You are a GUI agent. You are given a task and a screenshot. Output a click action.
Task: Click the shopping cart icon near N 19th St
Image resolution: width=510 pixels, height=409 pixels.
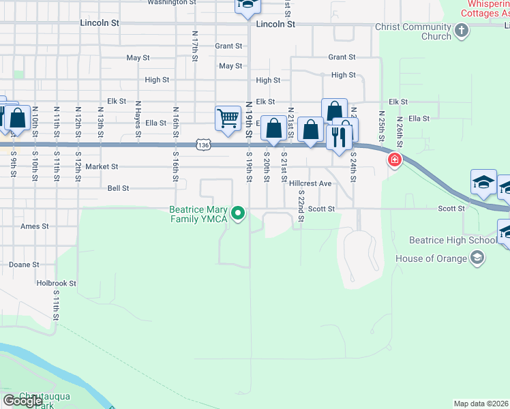pos(228,118)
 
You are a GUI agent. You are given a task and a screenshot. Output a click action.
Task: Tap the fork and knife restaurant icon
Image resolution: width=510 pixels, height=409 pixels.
pos(338,138)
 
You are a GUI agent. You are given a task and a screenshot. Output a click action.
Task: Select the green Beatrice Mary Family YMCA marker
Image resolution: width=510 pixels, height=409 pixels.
pos(238,214)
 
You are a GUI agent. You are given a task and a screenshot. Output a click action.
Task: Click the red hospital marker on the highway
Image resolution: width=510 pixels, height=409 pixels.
pos(394,161)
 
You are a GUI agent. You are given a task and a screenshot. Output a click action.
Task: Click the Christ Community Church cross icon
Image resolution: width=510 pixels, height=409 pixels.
pos(462,30)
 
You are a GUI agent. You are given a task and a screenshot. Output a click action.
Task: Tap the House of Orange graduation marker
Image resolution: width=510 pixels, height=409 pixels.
pos(478,258)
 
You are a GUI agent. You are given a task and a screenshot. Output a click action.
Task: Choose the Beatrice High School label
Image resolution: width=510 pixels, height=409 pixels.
pos(452,240)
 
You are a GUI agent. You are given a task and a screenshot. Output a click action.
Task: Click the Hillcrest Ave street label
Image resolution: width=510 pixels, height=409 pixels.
pos(310,183)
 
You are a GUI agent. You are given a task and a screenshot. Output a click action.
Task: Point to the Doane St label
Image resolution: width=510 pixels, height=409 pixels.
pos(24,264)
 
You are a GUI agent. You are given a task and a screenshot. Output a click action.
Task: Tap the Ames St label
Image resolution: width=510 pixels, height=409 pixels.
pos(35,226)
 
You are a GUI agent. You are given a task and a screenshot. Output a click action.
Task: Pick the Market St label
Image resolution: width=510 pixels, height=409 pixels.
pos(102,166)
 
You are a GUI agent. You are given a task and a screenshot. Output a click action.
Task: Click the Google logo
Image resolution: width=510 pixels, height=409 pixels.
pos(22,401)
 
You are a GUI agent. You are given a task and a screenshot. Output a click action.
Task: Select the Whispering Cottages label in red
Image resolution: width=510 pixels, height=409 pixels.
pos(485,8)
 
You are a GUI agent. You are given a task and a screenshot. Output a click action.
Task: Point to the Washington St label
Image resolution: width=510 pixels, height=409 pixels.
pos(172,3)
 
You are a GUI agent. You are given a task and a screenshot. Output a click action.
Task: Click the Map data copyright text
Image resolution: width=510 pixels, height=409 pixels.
pos(481,404)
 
